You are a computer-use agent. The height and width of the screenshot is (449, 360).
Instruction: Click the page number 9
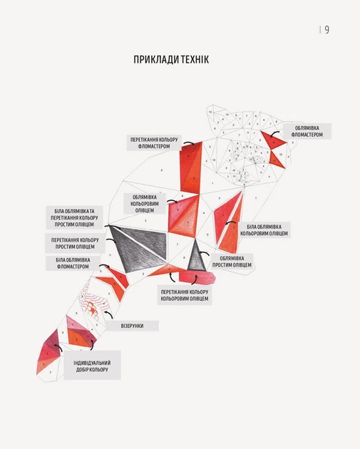click(326, 30)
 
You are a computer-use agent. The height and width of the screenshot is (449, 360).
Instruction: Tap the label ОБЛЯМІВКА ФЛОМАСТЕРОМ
click(307, 131)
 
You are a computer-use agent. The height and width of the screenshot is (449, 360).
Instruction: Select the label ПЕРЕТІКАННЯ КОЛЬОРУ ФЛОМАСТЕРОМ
click(154, 143)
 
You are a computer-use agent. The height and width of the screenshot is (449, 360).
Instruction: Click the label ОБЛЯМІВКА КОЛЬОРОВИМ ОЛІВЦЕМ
click(145, 204)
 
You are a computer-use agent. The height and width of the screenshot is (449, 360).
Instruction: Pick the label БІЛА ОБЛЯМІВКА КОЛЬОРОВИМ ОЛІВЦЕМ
click(264, 230)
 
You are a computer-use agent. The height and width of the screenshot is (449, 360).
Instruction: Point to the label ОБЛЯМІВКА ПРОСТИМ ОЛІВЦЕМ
click(232, 262)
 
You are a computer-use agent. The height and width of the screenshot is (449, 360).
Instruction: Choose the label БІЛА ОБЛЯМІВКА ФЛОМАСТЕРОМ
click(73, 263)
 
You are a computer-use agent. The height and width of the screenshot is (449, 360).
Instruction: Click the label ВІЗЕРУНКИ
click(132, 326)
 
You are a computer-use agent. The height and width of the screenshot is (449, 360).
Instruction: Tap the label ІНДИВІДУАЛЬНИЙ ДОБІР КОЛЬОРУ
click(92, 366)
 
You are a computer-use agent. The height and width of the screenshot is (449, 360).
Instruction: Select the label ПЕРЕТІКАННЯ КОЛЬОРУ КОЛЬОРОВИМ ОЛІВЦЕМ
click(185, 295)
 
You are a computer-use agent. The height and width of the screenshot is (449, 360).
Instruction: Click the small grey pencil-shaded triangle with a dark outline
click(197, 257)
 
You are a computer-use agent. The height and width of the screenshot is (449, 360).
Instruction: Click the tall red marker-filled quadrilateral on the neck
click(191, 167)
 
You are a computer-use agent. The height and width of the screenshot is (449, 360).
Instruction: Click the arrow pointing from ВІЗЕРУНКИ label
click(108, 314)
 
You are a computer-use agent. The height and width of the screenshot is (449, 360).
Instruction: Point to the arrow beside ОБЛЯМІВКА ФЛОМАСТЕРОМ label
click(274, 134)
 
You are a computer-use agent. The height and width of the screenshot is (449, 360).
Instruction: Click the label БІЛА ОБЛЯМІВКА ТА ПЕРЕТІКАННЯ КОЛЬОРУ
click(74, 217)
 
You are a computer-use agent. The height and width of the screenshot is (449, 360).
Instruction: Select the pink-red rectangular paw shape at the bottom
click(197, 277)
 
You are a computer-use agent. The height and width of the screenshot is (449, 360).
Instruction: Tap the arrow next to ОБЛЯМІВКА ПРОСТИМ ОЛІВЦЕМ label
click(205, 253)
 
